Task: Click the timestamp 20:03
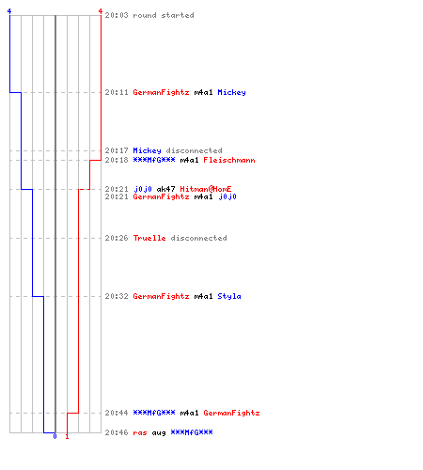pos(117,15)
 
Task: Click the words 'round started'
pos(164,15)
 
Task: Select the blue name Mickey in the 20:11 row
pos(231,93)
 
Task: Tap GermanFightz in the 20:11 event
pos(161,93)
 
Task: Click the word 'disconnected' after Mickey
pos(194,150)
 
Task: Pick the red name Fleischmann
pos(229,160)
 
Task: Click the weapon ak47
pos(165,189)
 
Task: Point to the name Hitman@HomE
pos(206,189)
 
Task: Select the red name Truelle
pos(149,238)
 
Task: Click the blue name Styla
pos(229,297)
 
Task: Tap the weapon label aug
pos(159,433)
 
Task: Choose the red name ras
pos(140,433)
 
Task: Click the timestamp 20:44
pos(117,413)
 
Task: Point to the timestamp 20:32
pos(117,296)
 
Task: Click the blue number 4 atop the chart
pos(9,11)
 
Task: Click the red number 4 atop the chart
pos(101,11)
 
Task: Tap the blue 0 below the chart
pos(55,436)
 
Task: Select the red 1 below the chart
pos(67,436)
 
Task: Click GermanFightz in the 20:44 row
pos(231,414)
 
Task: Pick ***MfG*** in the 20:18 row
pos(154,160)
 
